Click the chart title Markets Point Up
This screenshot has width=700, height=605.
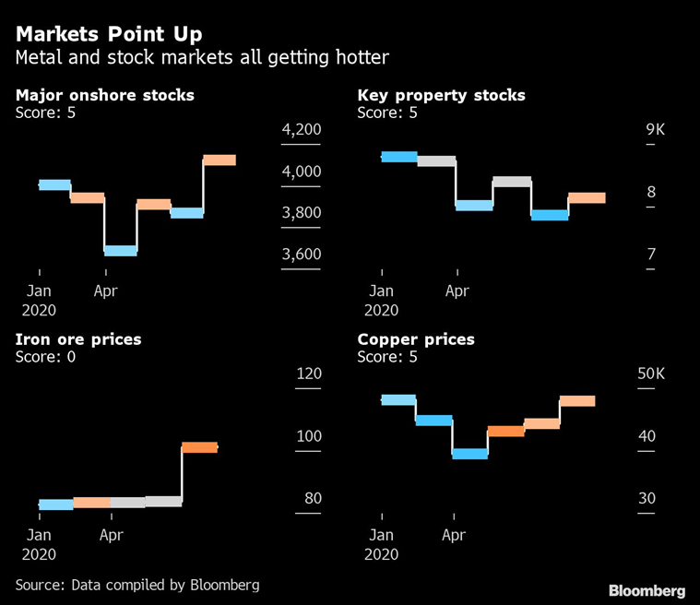point(110,34)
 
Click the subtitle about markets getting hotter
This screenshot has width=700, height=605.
point(202,58)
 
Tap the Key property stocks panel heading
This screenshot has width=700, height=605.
point(441,95)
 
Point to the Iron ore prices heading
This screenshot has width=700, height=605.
point(78,339)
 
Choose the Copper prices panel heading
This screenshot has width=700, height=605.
point(416,339)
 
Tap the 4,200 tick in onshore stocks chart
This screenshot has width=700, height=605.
point(301,130)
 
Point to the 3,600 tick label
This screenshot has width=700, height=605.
point(301,255)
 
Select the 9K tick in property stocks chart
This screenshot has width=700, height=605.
point(655,130)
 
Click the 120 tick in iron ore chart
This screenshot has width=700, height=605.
point(308,374)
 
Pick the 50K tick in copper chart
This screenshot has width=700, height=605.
point(651,374)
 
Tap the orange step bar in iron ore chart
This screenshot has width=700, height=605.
point(199,447)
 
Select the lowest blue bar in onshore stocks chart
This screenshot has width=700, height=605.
point(120,250)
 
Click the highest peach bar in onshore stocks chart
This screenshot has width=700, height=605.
point(219,160)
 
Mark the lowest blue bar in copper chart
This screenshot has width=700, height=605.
point(469,454)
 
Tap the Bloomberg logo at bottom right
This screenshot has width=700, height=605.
point(647,590)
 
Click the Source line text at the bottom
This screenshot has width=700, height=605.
point(137,585)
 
